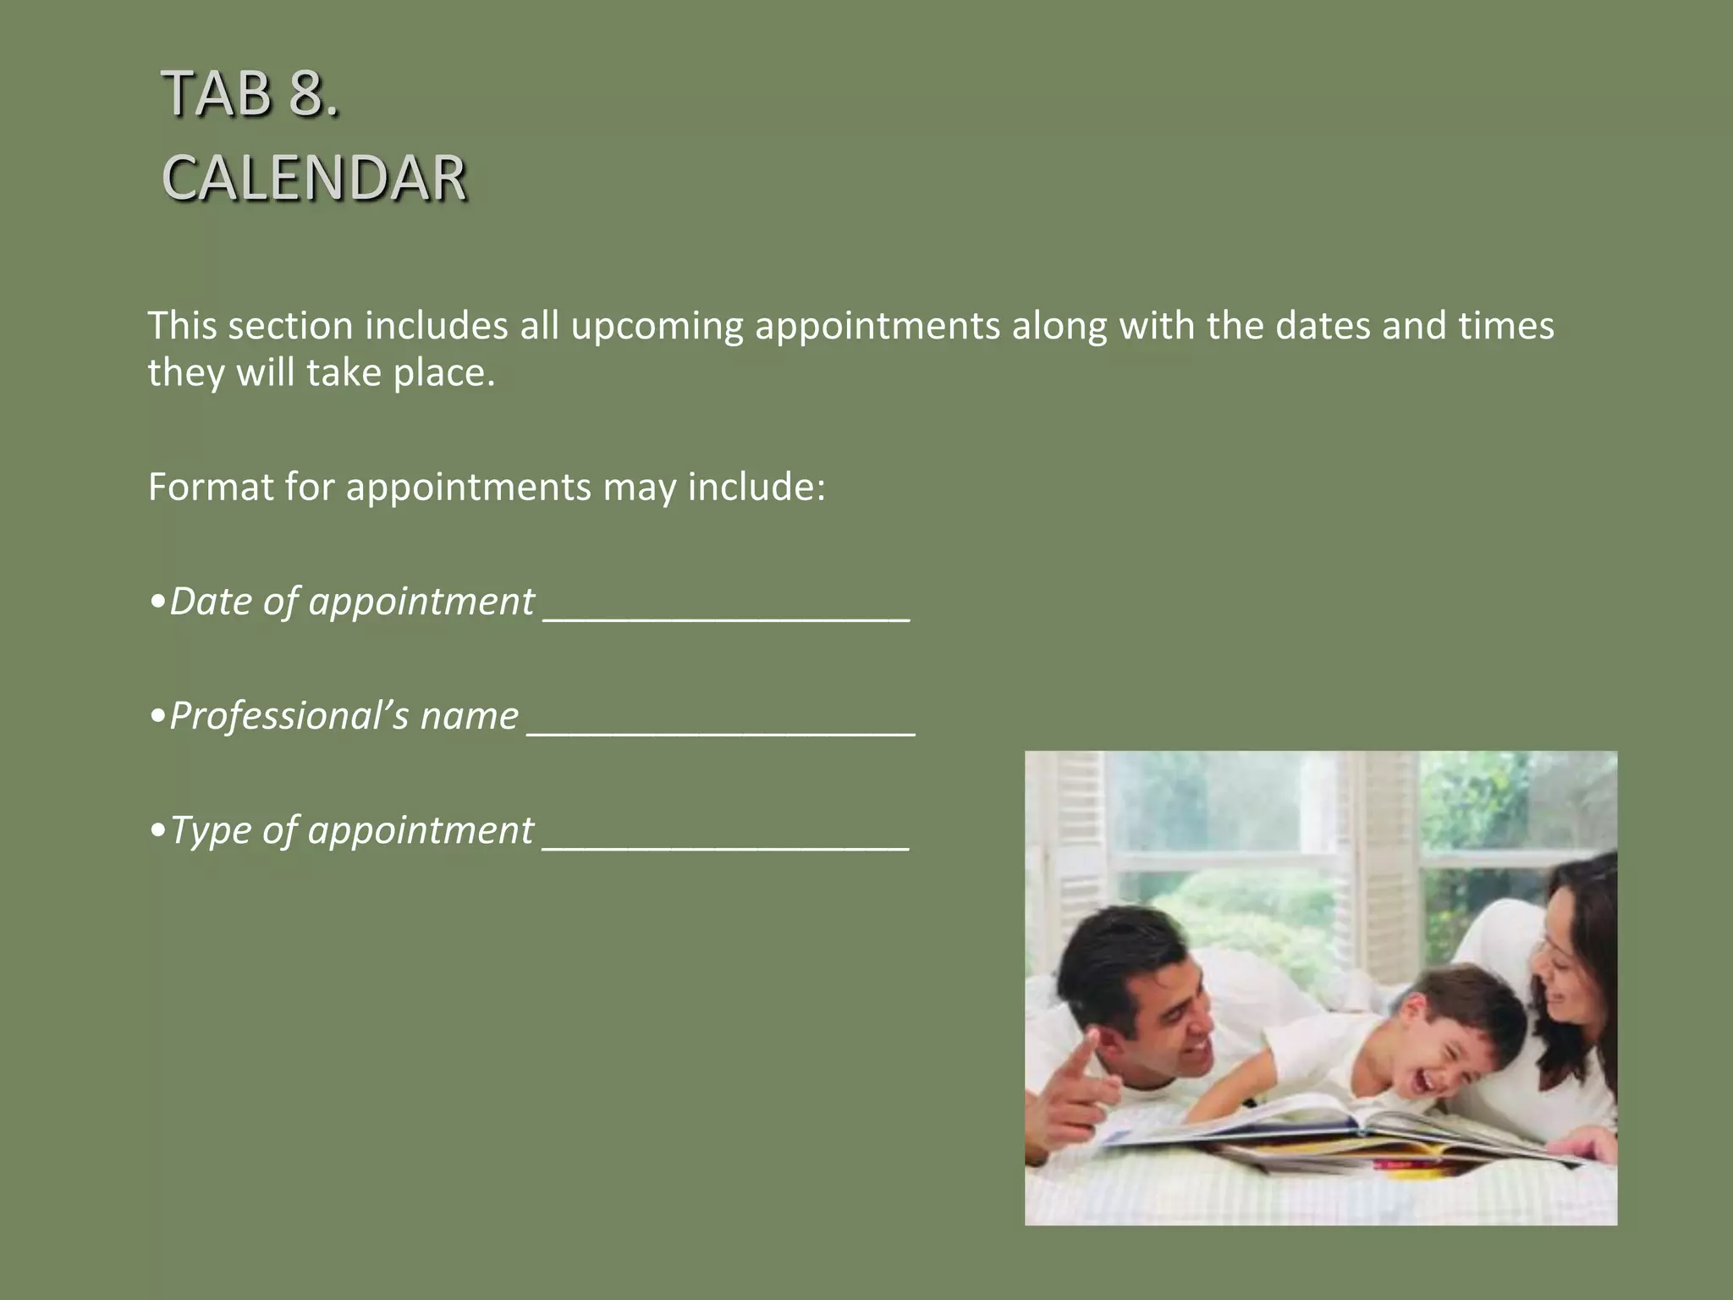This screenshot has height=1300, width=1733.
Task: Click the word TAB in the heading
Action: (x=217, y=93)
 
